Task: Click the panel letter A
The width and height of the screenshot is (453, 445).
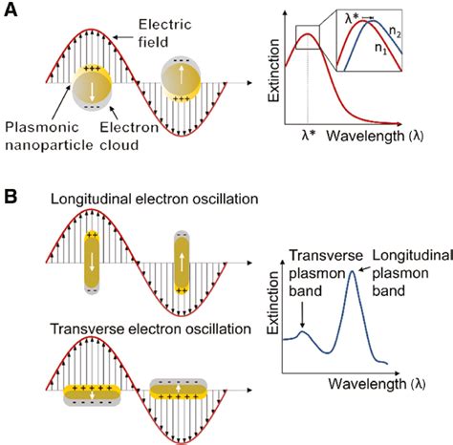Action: pos(11,12)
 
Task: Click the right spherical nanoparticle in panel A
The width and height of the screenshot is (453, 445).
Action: pos(181,74)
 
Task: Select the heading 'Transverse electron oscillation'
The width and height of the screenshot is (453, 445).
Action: pos(143,329)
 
